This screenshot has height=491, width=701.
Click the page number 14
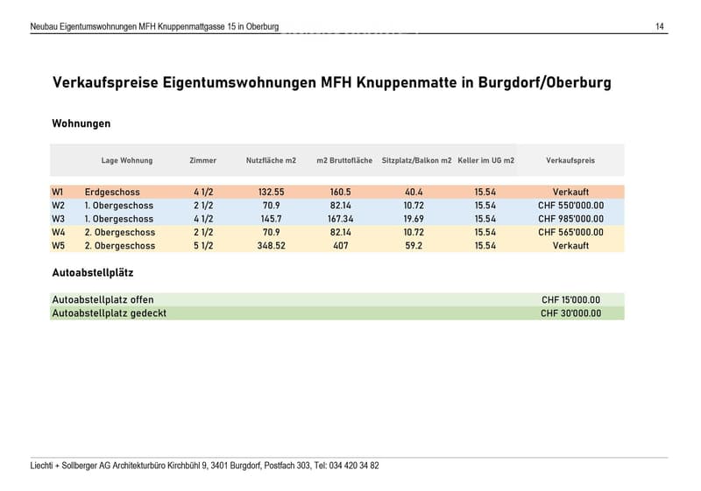pyautogui.click(x=660, y=27)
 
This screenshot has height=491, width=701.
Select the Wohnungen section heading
pyautogui.click(x=81, y=123)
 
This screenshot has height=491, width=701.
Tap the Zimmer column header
pyautogui.click(x=203, y=160)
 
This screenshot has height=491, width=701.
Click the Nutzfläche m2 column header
pyautogui.click(x=271, y=160)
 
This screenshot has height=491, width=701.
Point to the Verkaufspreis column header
pyautogui.click(x=570, y=160)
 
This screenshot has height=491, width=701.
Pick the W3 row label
pyautogui.click(x=58, y=219)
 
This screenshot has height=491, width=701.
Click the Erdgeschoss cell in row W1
pyautogui.click(x=112, y=192)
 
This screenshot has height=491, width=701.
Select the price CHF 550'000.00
pyautogui.click(x=571, y=206)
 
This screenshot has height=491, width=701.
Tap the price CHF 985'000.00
pyautogui.click(x=571, y=219)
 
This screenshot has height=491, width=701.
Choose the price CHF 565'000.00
pyautogui.click(x=571, y=232)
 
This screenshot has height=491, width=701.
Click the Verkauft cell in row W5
pyautogui.click(x=571, y=245)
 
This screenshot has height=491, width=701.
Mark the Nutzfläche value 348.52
pyautogui.click(x=272, y=245)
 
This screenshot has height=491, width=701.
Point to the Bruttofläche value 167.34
pyautogui.click(x=341, y=219)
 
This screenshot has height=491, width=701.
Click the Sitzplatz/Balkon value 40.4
pyautogui.click(x=414, y=192)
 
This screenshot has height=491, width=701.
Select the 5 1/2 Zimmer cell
pyautogui.click(x=203, y=245)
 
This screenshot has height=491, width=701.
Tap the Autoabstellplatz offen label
pyautogui.click(x=103, y=299)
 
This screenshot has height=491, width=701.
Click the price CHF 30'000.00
pyautogui.click(x=571, y=313)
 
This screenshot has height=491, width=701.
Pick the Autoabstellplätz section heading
pyautogui.click(x=93, y=273)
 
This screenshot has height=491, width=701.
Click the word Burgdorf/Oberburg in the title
pyautogui.click(x=544, y=82)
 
